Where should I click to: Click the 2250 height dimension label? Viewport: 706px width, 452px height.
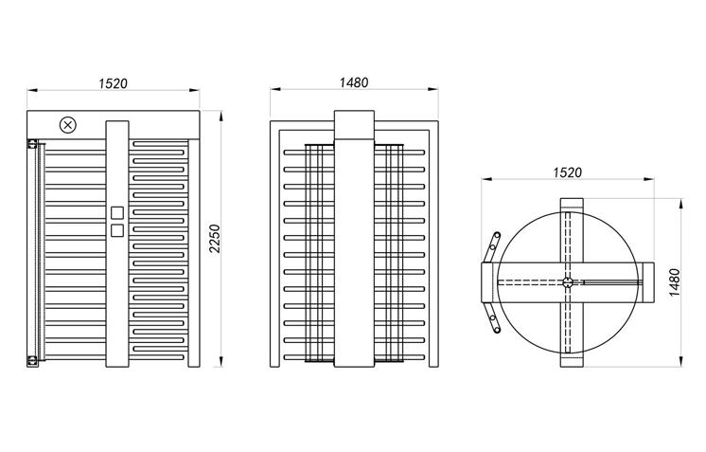coord(215,239)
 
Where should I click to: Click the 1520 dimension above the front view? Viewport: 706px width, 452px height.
coord(114,82)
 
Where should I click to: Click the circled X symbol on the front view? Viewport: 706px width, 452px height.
coord(67,124)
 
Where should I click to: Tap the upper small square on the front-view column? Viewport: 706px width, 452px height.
coord(116,213)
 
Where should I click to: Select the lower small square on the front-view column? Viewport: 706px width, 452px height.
coord(116,229)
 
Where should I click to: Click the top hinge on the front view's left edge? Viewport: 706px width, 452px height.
coord(31,144)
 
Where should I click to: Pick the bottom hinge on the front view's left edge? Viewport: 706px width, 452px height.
coord(31,359)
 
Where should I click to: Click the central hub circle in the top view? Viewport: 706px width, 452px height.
coord(567,281)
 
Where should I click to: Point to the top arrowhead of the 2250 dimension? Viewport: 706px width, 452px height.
coord(221,114)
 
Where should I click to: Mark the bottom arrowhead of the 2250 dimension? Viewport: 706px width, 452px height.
coord(221,364)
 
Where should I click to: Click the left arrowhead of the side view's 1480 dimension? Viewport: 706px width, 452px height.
coord(274,91)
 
